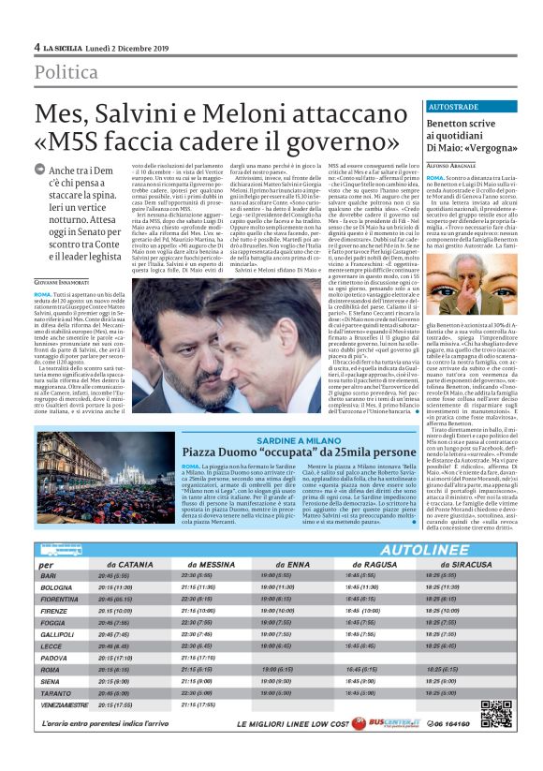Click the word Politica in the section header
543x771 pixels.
[67, 72]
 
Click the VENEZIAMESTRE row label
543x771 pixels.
[65, 704]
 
